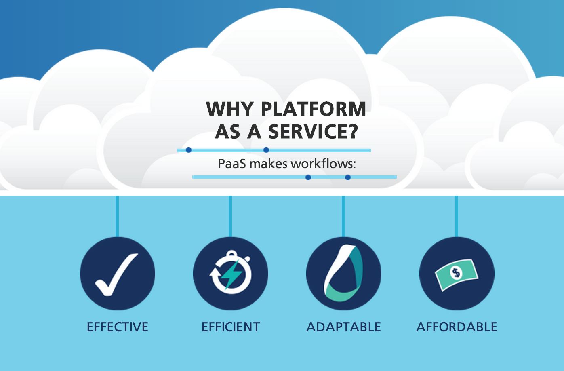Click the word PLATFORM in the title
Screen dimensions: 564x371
coord(314,109)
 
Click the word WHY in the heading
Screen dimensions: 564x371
coord(229,109)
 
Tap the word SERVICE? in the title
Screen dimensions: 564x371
coord(313,131)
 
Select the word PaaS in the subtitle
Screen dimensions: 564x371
coord(231,163)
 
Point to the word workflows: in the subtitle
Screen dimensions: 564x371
coord(323,163)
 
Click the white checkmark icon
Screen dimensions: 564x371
coord(116,274)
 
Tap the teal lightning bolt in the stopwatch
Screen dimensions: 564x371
coord(231,274)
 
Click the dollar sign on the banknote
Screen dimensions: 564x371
coord(456,273)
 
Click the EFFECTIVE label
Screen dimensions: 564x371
coord(118,327)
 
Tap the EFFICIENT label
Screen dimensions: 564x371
coord(231,327)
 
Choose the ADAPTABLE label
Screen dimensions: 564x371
coord(344,327)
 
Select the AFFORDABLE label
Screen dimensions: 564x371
coord(457,327)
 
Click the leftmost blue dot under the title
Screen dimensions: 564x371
coord(189,150)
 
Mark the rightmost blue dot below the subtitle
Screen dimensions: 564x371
coord(348,177)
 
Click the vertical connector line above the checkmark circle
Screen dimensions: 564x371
coord(117,217)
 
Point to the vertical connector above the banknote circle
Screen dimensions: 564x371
coord(457,217)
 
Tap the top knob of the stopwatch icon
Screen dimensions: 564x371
coord(231,253)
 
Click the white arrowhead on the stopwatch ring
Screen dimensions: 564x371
coord(214,272)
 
